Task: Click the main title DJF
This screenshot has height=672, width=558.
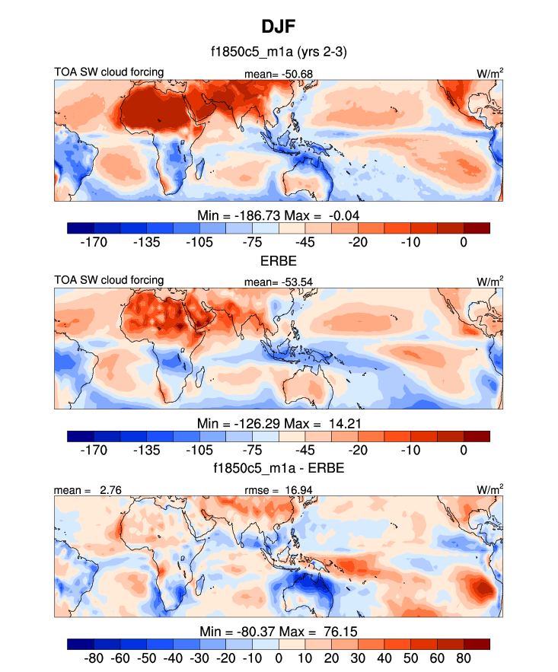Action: (x=279, y=27)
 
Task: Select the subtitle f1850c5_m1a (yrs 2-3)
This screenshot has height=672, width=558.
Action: (x=279, y=53)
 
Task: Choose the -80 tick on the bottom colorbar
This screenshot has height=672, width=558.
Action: (x=95, y=658)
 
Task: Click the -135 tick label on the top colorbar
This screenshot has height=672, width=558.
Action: (x=147, y=243)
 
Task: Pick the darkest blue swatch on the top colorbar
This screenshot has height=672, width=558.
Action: (x=81, y=228)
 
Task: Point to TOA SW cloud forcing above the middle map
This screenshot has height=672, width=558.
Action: (x=109, y=280)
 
